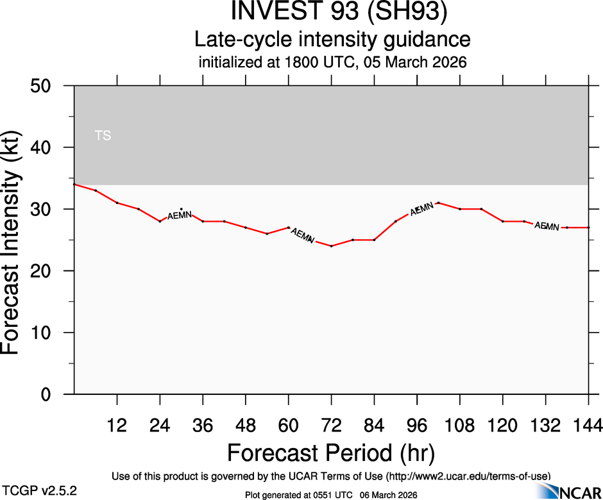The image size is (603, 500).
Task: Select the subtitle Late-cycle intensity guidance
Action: tap(332, 40)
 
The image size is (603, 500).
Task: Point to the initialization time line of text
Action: tap(332, 63)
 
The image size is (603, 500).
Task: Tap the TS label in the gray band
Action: tap(103, 136)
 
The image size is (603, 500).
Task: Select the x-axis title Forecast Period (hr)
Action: tap(331, 453)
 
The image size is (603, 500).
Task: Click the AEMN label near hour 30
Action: tap(180, 215)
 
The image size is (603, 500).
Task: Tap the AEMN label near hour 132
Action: tap(547, 226)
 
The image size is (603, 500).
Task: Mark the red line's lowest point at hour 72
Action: tap(331, 246)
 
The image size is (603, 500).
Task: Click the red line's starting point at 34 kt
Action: tap(75, 185)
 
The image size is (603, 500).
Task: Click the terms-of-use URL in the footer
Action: tap(468, 476)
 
